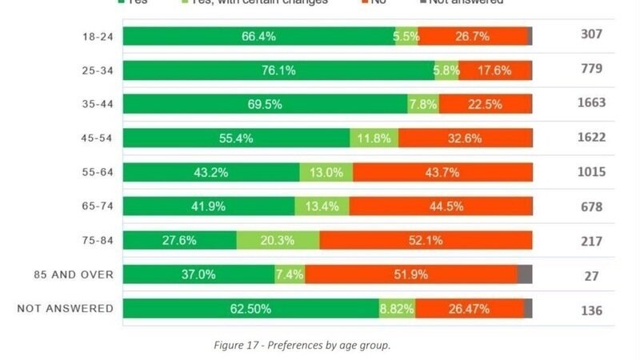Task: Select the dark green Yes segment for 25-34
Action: [278, 70]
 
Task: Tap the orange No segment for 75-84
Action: [426, 240]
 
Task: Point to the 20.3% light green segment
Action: [278, 240]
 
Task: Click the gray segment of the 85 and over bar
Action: [525, 274]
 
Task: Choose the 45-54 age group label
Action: [97, 138]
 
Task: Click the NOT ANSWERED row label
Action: [66, 309]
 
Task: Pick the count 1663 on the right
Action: [591, 103]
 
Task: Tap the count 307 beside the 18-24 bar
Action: [591, 34]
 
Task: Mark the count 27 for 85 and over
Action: [591, 276]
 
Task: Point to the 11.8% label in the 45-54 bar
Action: [374, 138]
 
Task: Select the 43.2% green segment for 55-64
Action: [211, 172]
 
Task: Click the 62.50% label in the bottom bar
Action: [250, 309]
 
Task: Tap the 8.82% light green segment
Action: [397, 309]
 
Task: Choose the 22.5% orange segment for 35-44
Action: [485, 104]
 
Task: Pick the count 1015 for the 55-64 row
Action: [591, 172]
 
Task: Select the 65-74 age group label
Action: [97, 206]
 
